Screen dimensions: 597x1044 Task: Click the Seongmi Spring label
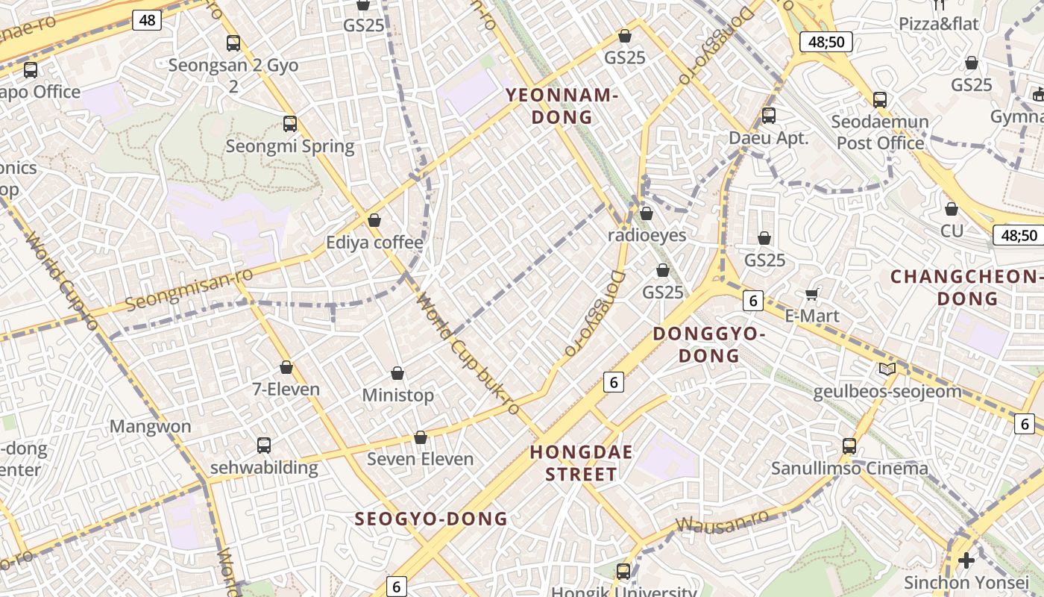click(x=290, y=146)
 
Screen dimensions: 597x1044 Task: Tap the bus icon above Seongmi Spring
click(x=290, y=124)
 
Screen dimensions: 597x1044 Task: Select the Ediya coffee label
click(x=374, y=243)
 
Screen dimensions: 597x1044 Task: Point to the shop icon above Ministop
click(x=397, y=373)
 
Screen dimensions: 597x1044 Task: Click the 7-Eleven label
click(x=286, y=389)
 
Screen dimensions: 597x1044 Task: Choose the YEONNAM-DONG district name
click(x=562, y=106)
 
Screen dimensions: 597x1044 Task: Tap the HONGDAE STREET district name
click(x=582, y=463)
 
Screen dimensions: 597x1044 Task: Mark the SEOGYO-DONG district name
click(x=431, y=519)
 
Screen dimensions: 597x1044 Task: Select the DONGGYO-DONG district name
click(x=709, y=344)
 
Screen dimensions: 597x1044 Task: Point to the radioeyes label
click(x=647, y=235)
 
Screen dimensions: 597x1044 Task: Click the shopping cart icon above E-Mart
click(x=812, y=294)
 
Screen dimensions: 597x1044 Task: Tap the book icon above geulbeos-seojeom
click(x=887, y=369)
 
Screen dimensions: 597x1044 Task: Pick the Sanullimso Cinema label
click(x=849, y=469)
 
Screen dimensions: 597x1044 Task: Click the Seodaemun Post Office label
click(x=880, y=132)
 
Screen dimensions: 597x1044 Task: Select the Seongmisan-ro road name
click(x=189, y=290)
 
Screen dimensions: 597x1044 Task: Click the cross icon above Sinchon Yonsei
click(x=966, y=560)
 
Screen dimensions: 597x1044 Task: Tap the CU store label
click(x=952, y=231)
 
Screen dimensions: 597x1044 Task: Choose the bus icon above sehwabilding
click(x=264, y=446)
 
